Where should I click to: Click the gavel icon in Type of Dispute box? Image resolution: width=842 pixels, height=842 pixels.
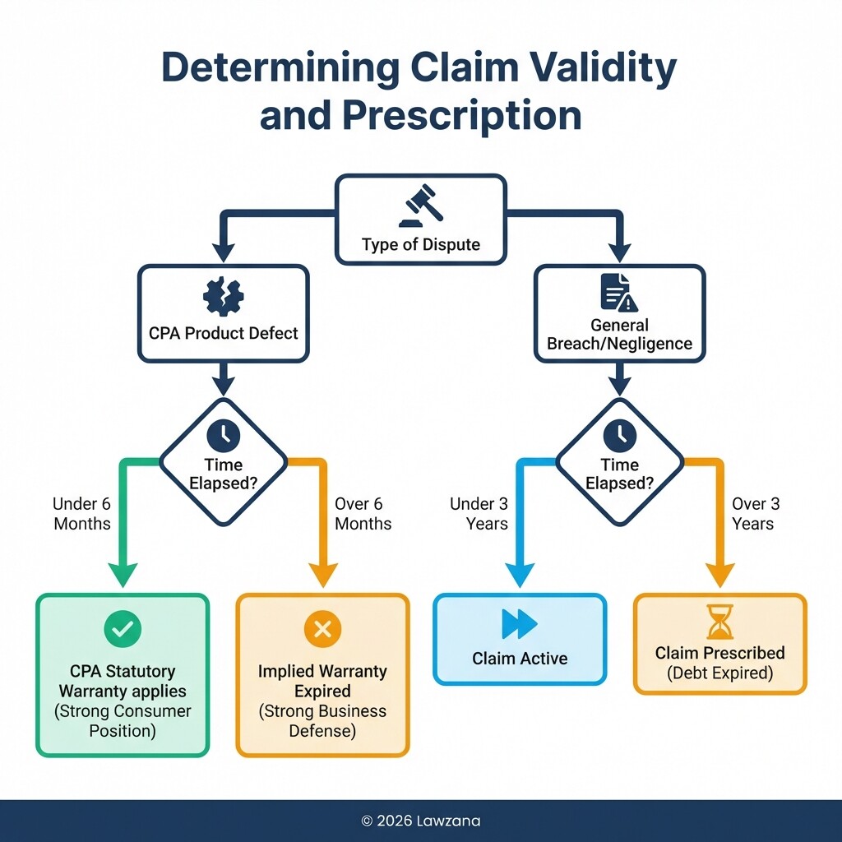[420, 206]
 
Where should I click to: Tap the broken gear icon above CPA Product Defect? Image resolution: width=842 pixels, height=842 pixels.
[222, 297]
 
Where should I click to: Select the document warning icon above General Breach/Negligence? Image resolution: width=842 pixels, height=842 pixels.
[619, 292]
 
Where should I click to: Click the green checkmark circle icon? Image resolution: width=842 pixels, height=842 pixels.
[123, 630]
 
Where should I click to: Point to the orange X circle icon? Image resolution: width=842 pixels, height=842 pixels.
[322, 630]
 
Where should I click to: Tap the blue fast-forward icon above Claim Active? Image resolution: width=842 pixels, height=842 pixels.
[519, 624]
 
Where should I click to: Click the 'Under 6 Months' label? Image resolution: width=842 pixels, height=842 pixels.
[82, 514]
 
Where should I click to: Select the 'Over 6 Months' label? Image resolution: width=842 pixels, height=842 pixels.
[363, 514]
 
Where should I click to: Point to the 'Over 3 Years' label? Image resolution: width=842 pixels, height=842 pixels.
[755, 514]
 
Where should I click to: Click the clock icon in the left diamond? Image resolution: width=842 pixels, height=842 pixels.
[224, 434]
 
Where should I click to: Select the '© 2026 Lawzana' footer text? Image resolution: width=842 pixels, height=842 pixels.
[420, 820]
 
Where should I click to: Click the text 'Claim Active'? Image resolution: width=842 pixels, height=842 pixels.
[520, 659]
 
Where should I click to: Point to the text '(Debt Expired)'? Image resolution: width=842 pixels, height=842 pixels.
[719, 673]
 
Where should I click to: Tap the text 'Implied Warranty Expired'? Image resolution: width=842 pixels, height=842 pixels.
[322, 681]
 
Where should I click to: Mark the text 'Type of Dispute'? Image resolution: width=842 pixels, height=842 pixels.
[420, 244]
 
